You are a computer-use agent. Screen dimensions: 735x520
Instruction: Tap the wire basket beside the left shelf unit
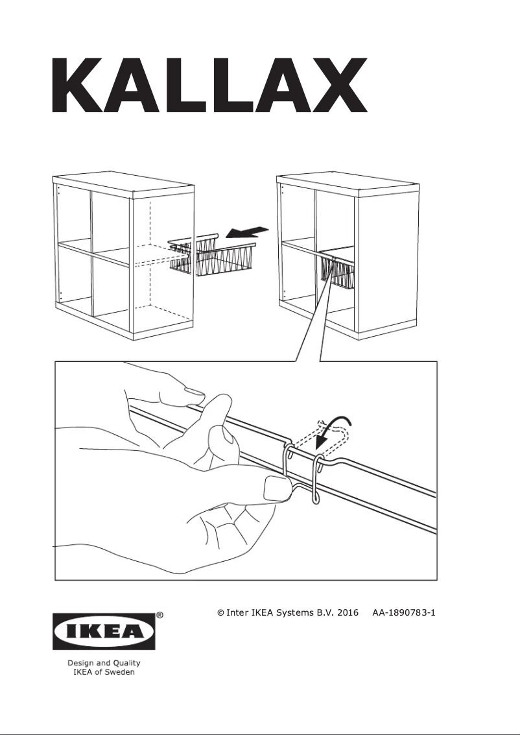210,256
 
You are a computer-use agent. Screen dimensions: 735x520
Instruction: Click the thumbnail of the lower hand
276,488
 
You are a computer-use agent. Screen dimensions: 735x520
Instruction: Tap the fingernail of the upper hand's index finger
193,391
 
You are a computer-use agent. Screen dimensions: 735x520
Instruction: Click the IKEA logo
104,631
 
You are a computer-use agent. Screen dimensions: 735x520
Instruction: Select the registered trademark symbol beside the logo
160,614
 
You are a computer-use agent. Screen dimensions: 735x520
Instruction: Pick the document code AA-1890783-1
403,612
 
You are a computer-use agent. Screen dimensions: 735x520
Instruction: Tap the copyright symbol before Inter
220,612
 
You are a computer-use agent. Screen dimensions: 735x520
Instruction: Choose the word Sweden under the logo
119,673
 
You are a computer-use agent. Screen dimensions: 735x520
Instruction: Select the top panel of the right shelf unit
348,183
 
